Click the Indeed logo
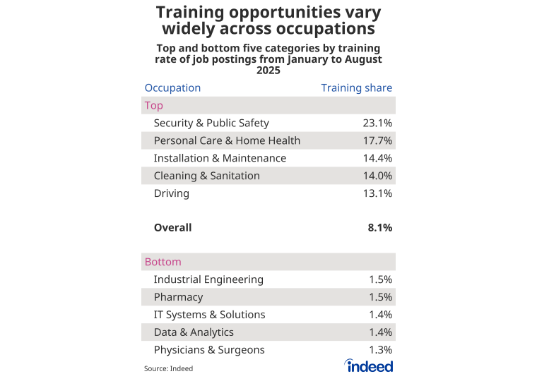point(369,365)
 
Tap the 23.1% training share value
point(377,123)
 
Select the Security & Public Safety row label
point(211,123)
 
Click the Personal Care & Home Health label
point(227,140)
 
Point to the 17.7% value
point(377,140)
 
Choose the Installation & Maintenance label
point(220,158)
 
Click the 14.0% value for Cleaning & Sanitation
point(377,176)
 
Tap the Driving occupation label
point(171,193)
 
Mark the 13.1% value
point(377,193)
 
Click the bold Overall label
point(172,228)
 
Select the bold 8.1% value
point(379,228)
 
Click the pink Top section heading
point(153,106)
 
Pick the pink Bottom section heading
point(163,262)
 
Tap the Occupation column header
point(172,88)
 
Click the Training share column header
point(356,88)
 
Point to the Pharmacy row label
point(178,297)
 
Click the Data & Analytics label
point(194,332)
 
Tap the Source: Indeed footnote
point(168,368)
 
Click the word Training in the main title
point(195,13)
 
